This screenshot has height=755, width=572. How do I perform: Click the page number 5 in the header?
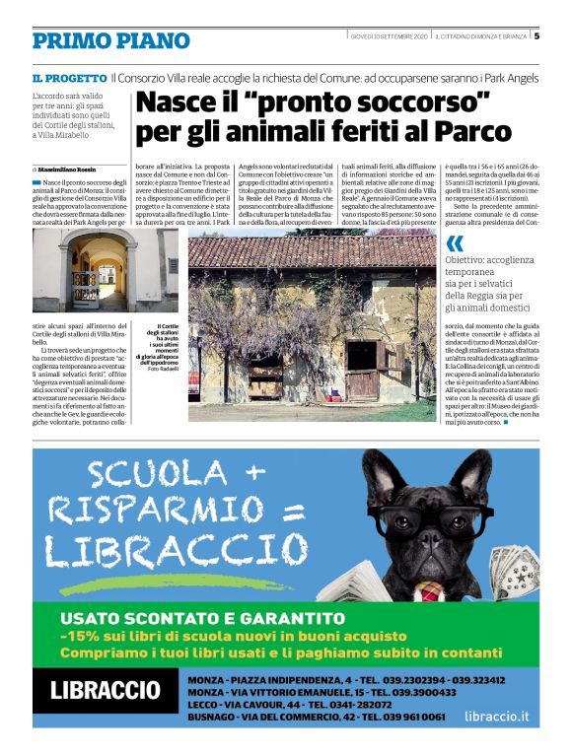tap(537, 36)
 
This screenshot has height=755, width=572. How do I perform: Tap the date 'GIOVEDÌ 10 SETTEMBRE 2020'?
tap(389, 37)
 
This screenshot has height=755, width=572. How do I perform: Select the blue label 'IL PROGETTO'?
tap(69, 78)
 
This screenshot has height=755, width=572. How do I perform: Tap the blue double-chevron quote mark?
tap(454, 243)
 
